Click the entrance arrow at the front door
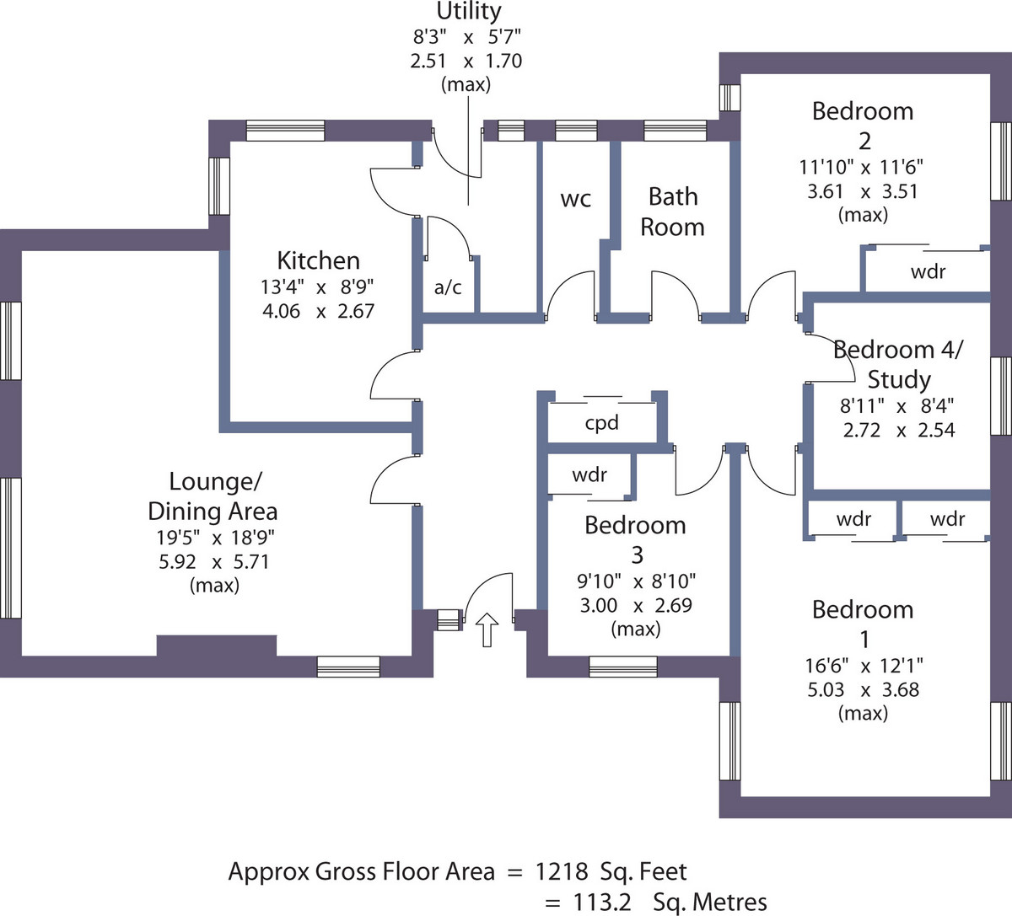tap(487, 629)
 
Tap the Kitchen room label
tap(318, 260)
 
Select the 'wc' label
tap(576, 199)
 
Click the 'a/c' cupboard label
tap(448, 287)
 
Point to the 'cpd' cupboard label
tap(602, 422)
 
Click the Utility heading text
tap(469, 11)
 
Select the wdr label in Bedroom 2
tap(928, 271)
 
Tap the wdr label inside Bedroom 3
tap(589, 475)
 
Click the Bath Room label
tap(672, 212)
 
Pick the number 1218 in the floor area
tap(562, 871)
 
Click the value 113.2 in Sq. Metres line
tap(602, 903)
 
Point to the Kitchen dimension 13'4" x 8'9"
tap(317, 287)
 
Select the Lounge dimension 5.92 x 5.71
tap(214, 561)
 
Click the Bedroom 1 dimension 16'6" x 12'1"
tap(864, 666)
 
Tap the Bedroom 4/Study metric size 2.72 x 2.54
tap(899, 431)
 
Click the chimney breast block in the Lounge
tap(217, 645)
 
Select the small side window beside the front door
tap(449, 620)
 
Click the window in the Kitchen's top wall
tap(285, 131)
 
